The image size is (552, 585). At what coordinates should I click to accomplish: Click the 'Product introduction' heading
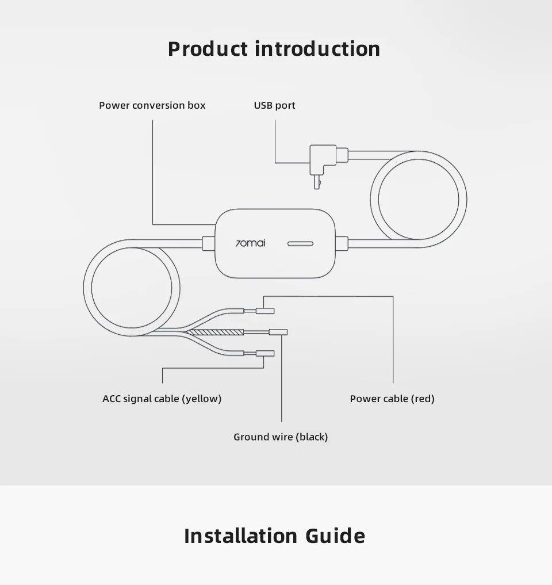(x=274, y=49)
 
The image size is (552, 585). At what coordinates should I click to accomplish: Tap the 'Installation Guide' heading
(x=274, y=536)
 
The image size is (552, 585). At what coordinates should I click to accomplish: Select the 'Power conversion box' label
(x=152, y=105)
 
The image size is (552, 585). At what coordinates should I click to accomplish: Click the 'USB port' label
(x=274, y=105)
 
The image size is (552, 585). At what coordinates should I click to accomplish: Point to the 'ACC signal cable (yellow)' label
(x=162, y=399)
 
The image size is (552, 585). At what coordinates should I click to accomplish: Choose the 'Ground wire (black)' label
(x=281, y=437)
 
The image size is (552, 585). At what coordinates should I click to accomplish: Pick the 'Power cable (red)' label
(x=392, y=399)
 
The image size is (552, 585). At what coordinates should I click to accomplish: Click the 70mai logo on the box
(x=251, y=243)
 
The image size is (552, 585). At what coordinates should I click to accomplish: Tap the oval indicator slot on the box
(x=300, y=243)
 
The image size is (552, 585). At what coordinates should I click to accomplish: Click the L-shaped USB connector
(x=323, y=158)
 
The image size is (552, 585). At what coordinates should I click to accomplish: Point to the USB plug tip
(x=316, y=182)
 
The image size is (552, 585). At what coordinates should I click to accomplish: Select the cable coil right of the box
(x=418, y=200)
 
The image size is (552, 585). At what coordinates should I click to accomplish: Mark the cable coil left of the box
(x=132, y=287)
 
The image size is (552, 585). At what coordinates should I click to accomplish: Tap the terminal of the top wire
(x=264, y=311)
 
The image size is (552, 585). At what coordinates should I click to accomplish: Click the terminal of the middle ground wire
(x=278, y=332)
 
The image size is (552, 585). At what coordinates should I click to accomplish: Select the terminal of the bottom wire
(x=265, y=353)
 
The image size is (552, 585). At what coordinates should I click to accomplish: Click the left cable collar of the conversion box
(x=209, y=243)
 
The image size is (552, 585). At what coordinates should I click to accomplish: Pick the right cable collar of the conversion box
(x=342, y=243)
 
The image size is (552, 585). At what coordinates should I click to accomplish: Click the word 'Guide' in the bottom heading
(x=335, y=536)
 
